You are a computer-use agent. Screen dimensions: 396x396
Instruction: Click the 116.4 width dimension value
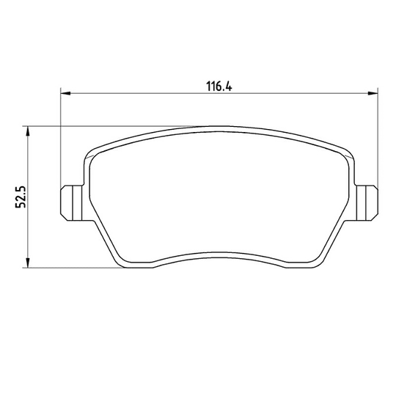click(219, 87)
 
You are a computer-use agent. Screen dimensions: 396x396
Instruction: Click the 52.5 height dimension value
click(21, 197)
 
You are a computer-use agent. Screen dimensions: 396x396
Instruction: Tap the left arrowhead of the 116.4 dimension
click(65, 93)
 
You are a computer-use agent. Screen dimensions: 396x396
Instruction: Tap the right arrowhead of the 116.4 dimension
click(373, 93)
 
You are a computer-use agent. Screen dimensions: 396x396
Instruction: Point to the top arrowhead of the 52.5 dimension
click(28, 131)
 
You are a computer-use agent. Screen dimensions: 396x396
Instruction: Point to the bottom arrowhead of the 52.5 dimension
click(28, 263)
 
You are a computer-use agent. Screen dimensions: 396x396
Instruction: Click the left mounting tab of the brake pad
click(71, 203)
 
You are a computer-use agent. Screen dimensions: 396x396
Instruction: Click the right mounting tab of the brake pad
click(367, 203)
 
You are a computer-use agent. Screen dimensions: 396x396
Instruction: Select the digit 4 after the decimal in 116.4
click(228, 87)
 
